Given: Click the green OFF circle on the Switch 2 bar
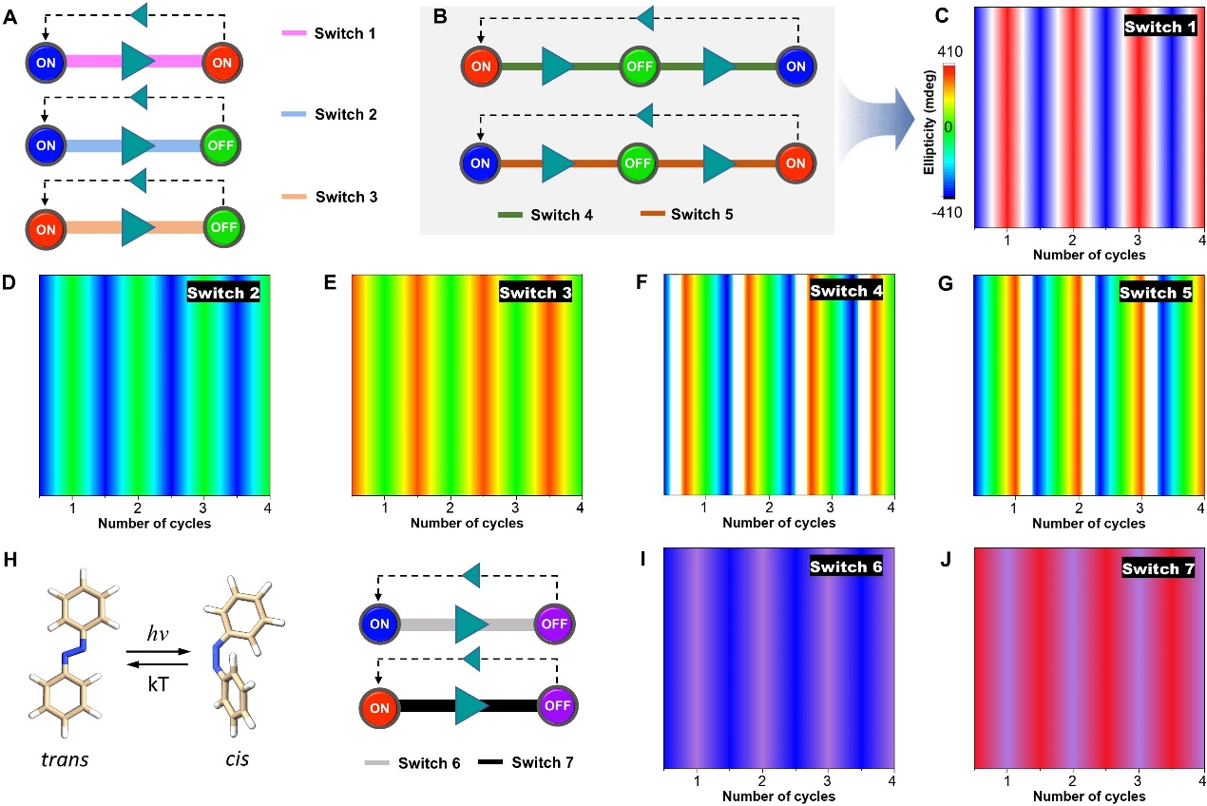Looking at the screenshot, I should click(223, 145).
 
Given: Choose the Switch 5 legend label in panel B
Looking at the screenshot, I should click(701, 214).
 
